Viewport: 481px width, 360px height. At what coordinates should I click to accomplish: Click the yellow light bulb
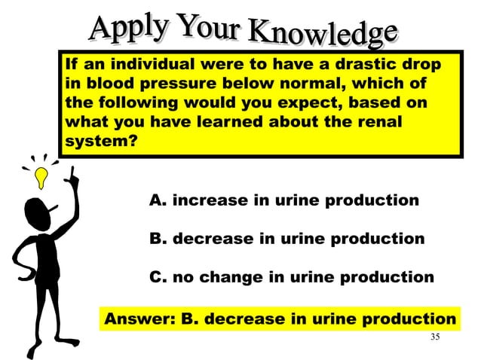(x=44, y=176)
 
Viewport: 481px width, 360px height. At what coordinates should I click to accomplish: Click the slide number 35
(x=434, y=337)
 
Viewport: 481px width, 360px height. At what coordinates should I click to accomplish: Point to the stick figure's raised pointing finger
(x=75, y=175)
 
